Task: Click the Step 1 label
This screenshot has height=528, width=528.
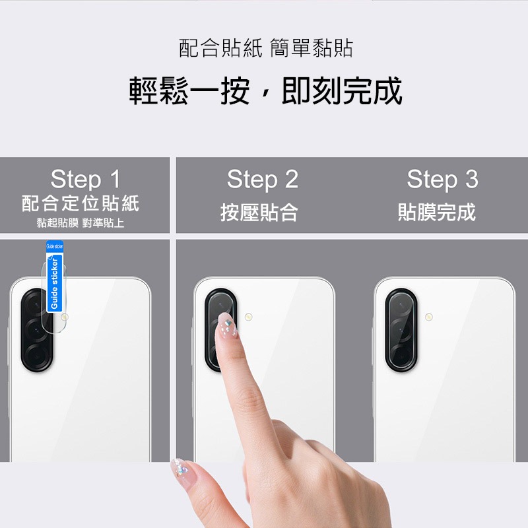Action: click(85, 179)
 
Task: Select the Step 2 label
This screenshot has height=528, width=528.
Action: click(262, 179)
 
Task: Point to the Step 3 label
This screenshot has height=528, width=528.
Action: click(442, 179)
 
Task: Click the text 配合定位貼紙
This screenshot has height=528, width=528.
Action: click(81, 203)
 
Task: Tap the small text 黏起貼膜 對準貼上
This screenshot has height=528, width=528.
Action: click(81, 223)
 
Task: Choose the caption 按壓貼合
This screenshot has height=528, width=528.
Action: click(259, 213)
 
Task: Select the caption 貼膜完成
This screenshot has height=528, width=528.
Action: click(436, 213)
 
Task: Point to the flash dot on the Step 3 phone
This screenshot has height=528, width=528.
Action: click(429, 318)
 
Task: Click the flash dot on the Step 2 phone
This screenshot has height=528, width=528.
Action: click(249, 317)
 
